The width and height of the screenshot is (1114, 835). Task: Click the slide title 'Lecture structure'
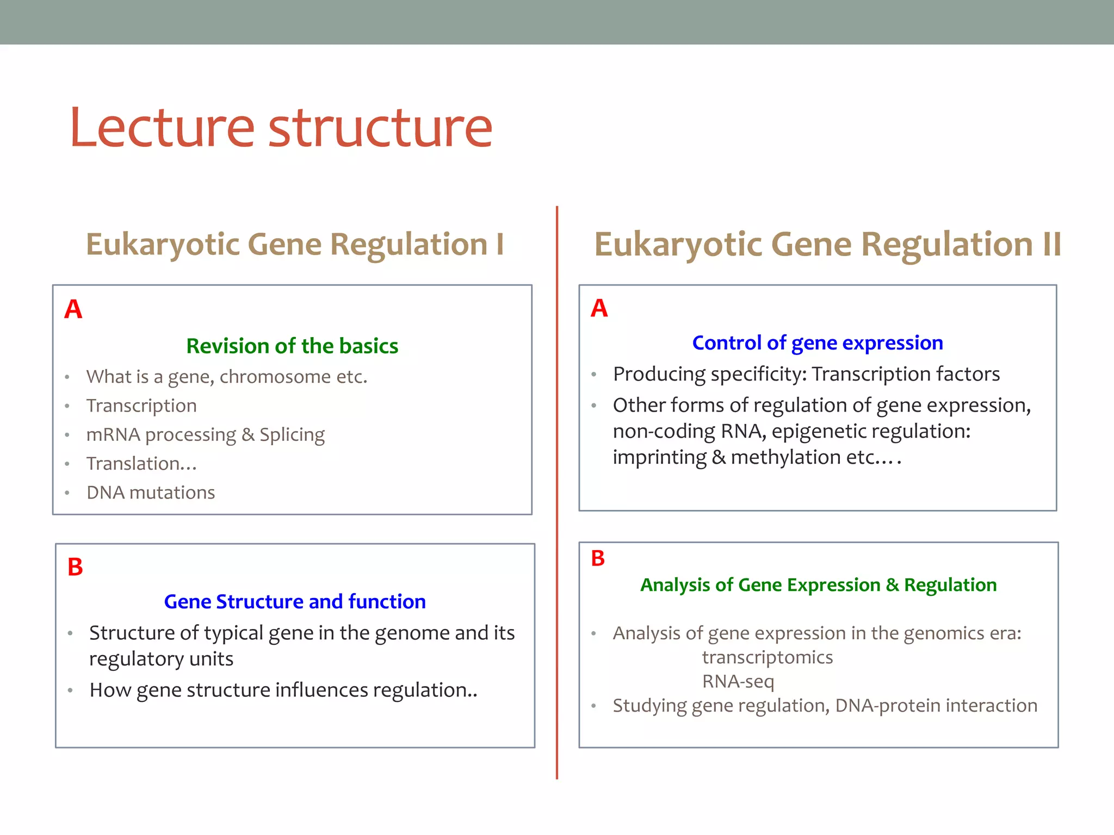[x=281, y=128]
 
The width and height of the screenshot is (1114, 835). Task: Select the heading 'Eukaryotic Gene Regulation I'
[x=295, y=244]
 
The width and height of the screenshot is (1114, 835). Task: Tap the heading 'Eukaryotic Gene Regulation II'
[x=827, y=244]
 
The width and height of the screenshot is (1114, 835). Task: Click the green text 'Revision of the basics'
[x=292, y=346]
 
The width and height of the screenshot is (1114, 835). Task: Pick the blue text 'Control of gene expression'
[x=817, y=342]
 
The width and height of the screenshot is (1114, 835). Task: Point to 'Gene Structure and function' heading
[x=295, y=601]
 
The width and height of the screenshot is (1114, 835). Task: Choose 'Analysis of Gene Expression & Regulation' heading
[x=818, y=584]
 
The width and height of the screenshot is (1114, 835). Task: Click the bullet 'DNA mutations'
[x=151, y=493]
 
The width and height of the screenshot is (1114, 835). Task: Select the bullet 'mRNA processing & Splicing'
[x=205, y=434]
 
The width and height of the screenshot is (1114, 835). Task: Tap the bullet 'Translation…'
[x=141, y=464]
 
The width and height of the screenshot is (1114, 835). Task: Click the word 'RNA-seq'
[x=738, y=681]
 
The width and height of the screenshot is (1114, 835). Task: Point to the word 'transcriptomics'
[x=767, y=657]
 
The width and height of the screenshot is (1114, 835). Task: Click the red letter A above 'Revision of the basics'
[x=73, y=309]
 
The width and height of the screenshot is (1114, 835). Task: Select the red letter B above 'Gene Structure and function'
[x=75, y=567]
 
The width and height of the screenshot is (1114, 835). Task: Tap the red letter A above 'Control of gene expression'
[x=599, y=308]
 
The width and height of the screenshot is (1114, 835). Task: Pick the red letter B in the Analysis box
[x=598, y=558]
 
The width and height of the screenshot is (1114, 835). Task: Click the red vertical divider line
[x=557, y=489]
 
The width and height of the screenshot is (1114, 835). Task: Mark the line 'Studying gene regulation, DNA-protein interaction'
[x=825, y=705]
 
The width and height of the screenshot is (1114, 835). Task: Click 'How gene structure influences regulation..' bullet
[x=283, y=690]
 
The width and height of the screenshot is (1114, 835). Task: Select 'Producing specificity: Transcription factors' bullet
[x=806, y=374]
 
